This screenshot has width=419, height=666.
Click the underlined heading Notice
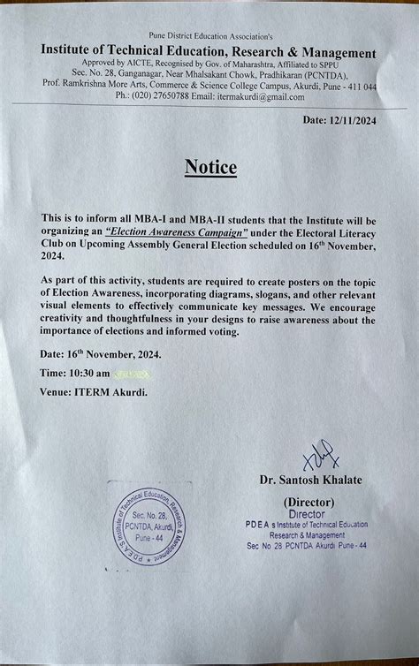209,166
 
